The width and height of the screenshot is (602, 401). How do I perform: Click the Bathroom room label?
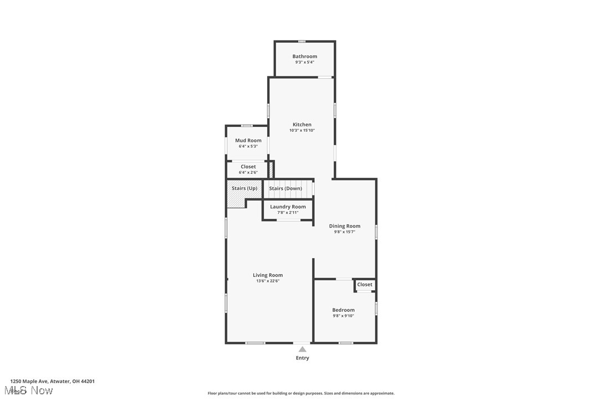[305, 56]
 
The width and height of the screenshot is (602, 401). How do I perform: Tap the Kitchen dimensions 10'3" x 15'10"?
[302, 131]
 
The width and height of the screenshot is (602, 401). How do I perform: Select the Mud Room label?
[248, 141]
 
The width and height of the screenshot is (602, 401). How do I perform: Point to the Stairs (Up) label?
[244, 188]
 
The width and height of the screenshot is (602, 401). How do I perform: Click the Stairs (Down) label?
[285, 188]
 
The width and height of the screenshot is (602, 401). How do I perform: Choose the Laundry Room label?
[288, 207]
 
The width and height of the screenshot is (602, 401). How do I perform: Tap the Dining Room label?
[345, 226]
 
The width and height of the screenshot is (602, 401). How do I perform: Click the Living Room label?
[268, 275]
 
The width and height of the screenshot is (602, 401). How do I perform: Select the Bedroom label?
[343, 310]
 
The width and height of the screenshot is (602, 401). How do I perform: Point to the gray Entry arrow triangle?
[302, 349]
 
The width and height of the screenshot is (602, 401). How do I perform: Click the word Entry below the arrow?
[302, 358]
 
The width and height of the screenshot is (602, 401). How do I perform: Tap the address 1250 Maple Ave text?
[53, 381]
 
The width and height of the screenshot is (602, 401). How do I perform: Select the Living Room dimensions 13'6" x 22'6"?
[268, 281]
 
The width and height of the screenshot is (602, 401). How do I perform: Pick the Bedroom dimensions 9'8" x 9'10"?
[343, 316]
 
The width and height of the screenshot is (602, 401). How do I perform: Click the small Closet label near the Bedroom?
[365, 285]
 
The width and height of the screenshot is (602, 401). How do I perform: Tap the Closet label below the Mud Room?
[248, 167]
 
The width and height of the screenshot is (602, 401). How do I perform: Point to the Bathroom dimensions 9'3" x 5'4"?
[305, 62]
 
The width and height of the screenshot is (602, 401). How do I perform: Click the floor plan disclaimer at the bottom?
[301, 393]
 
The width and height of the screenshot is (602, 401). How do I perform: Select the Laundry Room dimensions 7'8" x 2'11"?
[288, 213]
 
